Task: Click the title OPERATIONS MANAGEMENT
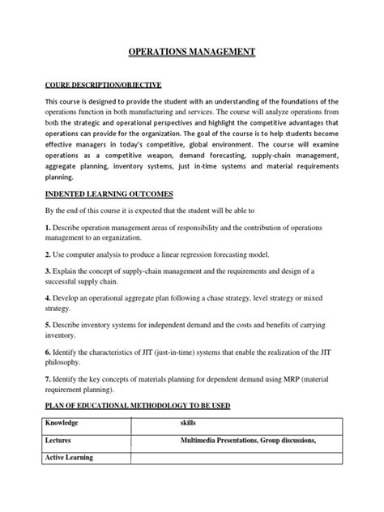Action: (x=192, y=53)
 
